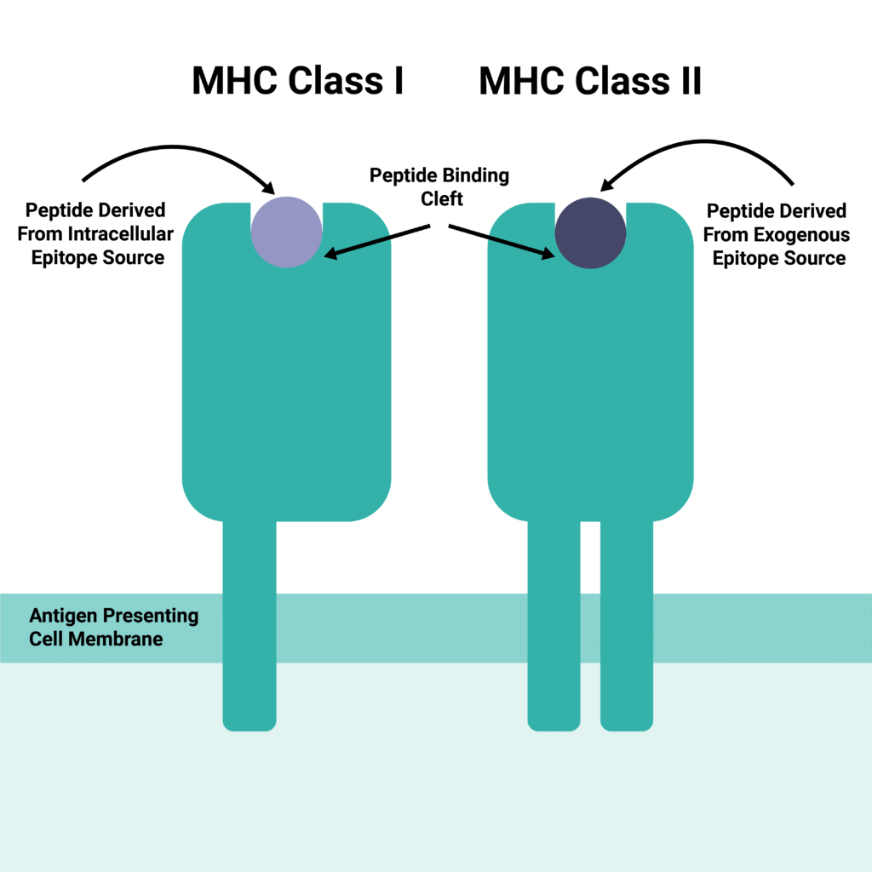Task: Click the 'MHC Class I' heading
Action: coord(296,82)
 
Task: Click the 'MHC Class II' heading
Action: coord(590,82)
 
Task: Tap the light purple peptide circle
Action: coord(287,232)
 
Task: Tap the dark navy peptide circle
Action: coord(590,232)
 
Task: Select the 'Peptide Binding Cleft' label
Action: coord(439,186)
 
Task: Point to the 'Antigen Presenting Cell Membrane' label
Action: coord(113,627)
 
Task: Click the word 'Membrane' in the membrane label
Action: coord(119,638)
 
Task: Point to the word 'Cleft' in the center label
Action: coord(439,198)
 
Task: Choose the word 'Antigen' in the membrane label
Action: coord(62,616)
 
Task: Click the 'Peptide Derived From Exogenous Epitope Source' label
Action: coord(777,234)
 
